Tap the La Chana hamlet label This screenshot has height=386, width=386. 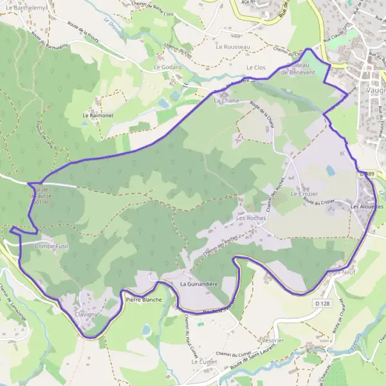point(226,101)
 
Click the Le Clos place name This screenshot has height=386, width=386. point(255,68)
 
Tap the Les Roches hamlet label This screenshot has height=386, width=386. point(251,218)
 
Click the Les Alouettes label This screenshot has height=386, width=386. point(367,207)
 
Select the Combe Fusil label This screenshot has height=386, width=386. point(51,246)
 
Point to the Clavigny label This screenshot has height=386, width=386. point(86,315)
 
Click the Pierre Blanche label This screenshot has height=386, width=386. point(143,300)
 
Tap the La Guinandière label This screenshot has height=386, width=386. point(200,284)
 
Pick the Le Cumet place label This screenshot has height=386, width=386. point(203,362)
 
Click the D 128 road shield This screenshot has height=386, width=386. point(322,302)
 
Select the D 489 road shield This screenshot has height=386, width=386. point(367,174)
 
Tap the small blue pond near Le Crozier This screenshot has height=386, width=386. point(331,170)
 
